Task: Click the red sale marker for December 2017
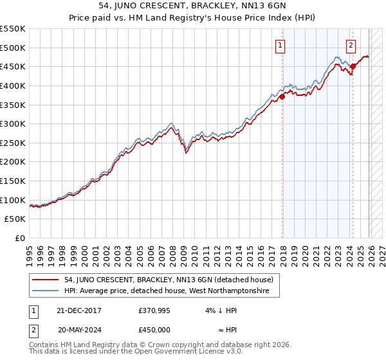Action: (282, 97)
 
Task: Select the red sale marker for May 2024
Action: (353, 66)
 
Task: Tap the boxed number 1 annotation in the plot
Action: (281, 45)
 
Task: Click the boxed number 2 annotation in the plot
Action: (351, 45)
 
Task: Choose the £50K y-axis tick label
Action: (15, 219)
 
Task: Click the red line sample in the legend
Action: (46, 280)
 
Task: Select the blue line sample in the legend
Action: (46, 291)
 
